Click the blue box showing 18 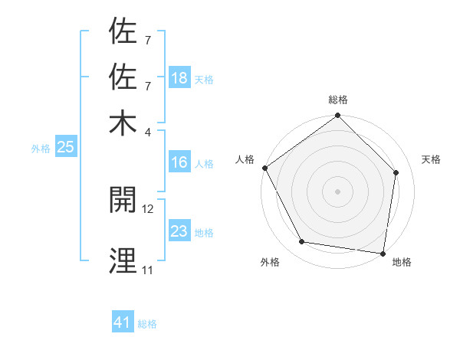click(179, 78)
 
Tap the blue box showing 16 click(179, 162)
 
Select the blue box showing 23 click(179, 231)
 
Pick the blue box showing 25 click(65, 147)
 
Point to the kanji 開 click(123, 201)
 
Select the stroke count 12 click(148, 208)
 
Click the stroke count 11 click(147, 270)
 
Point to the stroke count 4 click(147, 131)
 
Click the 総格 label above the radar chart click(338, 100)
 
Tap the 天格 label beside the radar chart click(431, 159)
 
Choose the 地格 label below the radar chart click(402, 262)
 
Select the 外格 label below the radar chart click(270, 262)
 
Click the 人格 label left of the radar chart click(245, 159)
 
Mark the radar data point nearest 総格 click(338, 116)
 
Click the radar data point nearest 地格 click(383, 253)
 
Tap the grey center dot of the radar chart click(338, 191)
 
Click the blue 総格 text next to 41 click(147, 324)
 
